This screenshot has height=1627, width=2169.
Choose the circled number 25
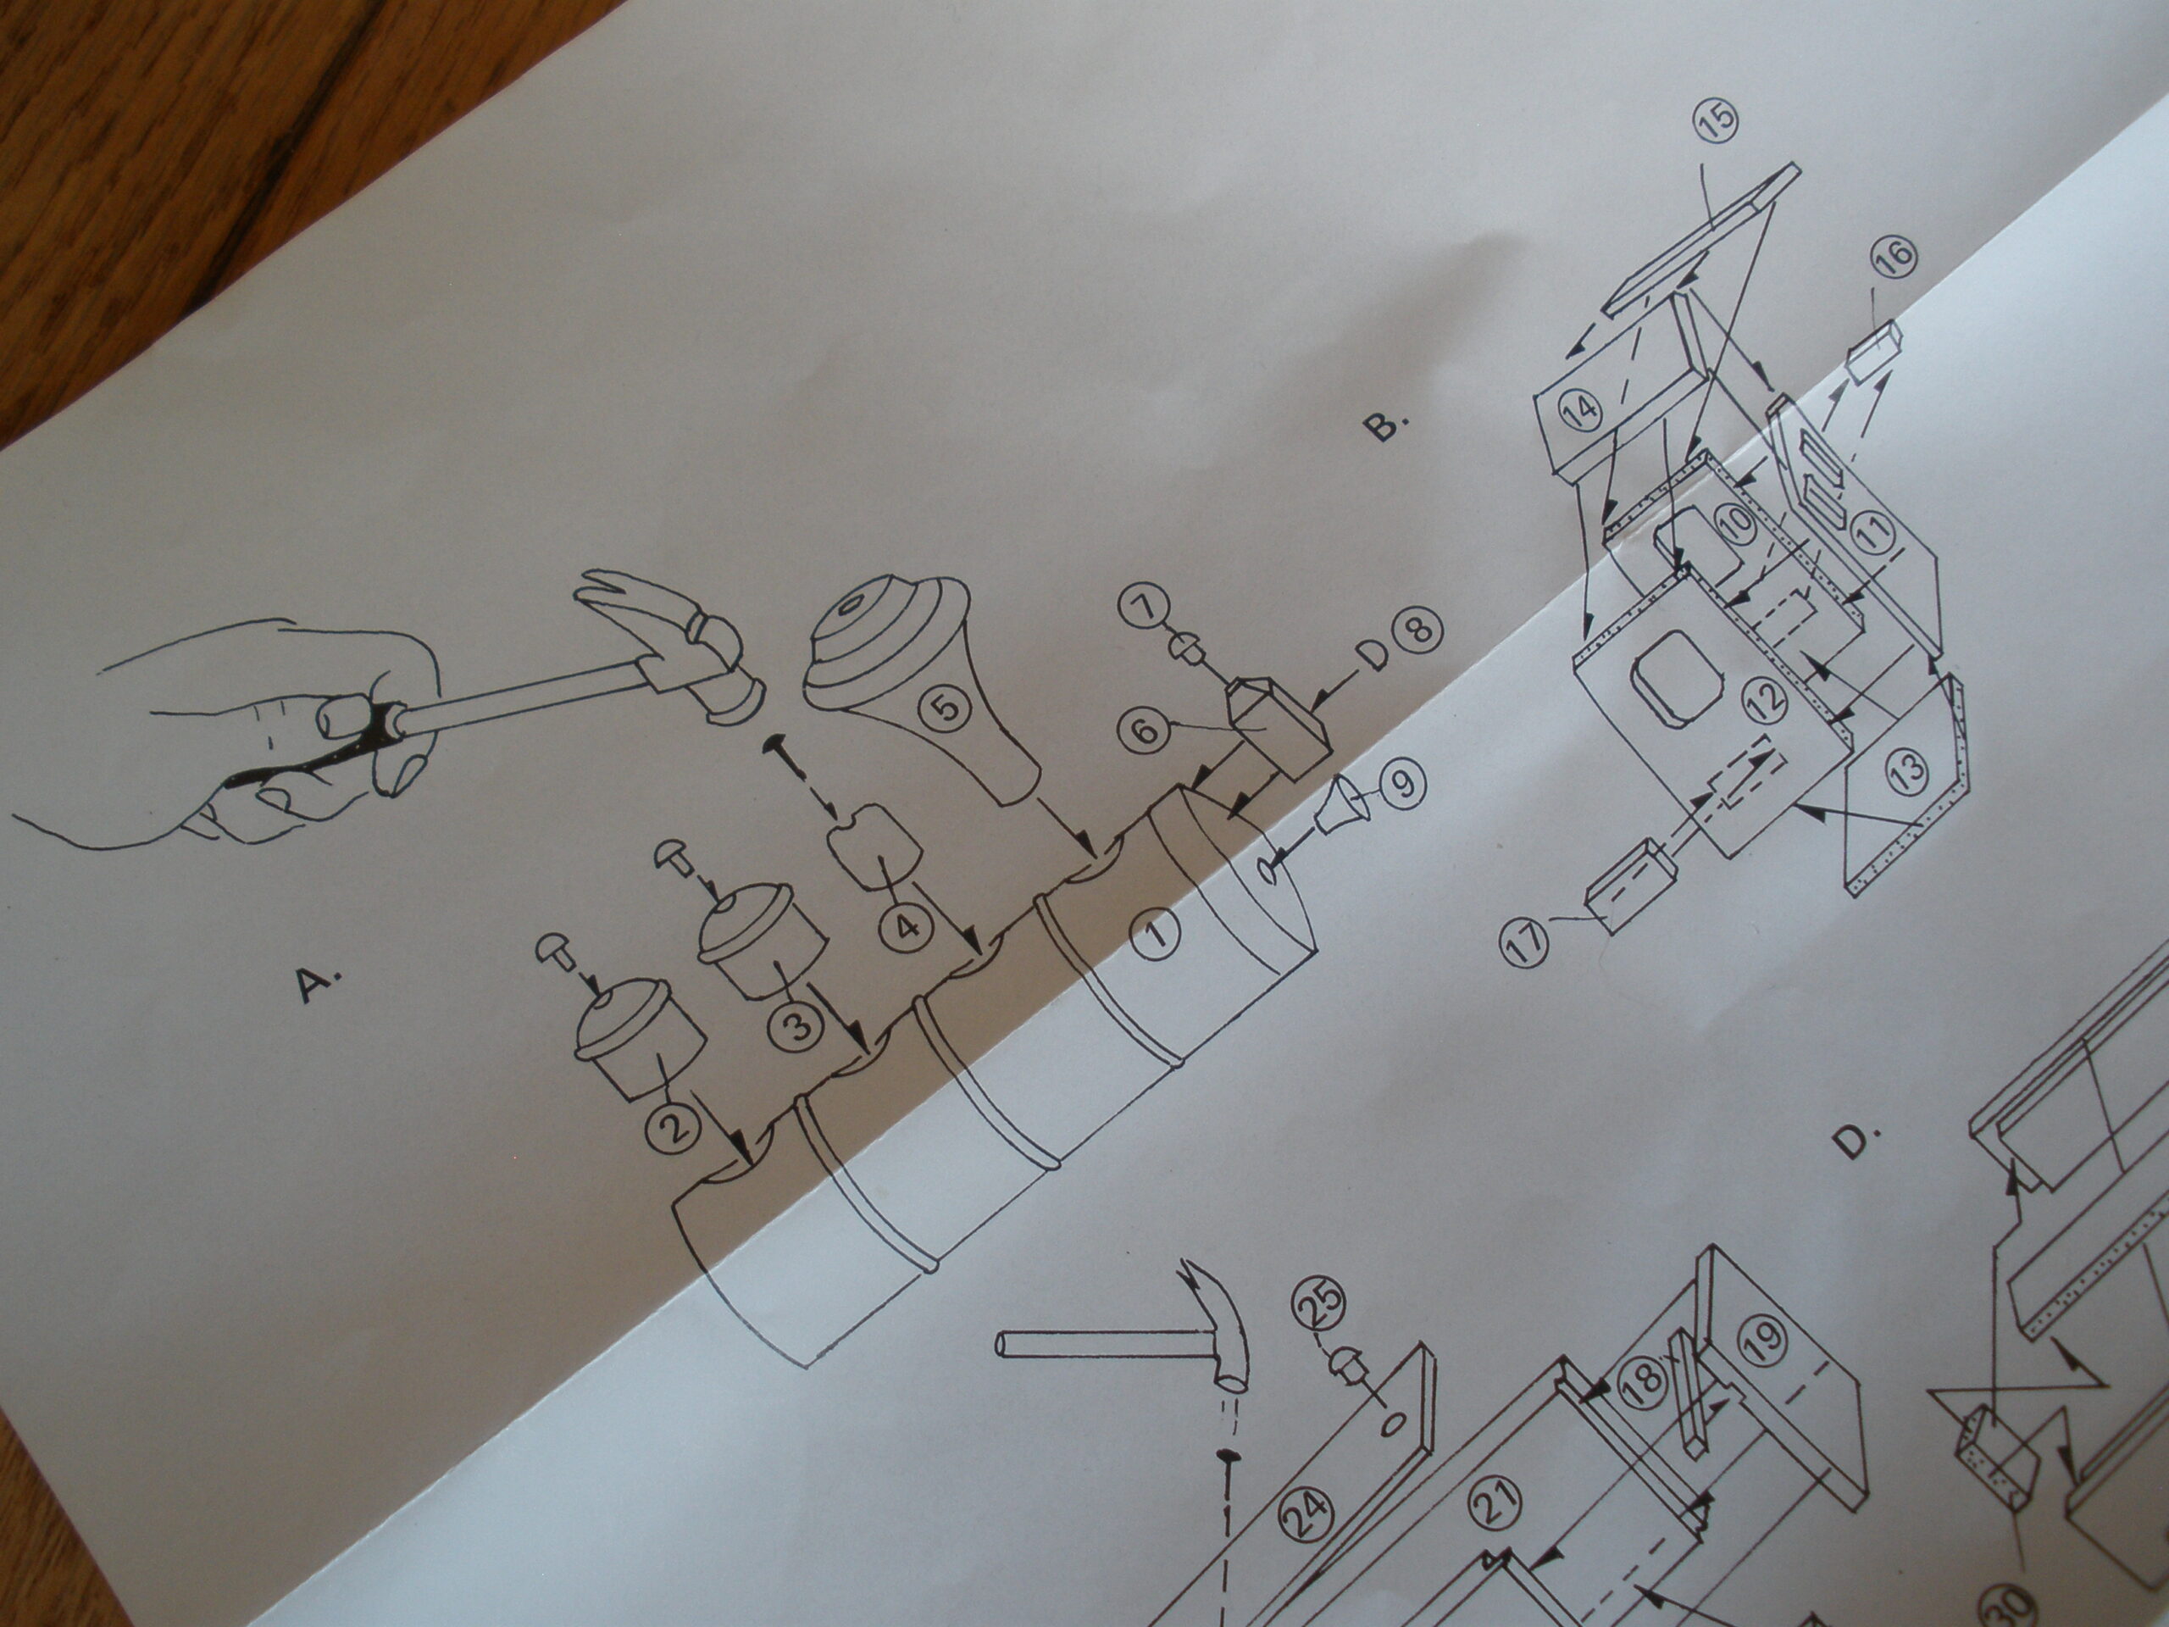tap(1323, 1309)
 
